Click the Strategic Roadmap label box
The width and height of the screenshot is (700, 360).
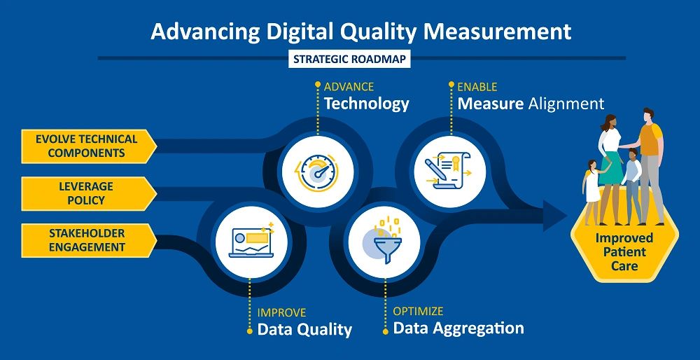349,59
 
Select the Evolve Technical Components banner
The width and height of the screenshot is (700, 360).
87,146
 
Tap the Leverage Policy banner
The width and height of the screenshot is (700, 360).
87,193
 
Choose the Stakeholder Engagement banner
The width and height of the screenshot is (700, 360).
87,240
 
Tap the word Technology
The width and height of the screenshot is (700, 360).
366,104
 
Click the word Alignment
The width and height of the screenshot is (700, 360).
566,104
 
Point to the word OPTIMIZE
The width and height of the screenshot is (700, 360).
418,311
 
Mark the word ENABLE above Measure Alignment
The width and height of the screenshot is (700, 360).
477,87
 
